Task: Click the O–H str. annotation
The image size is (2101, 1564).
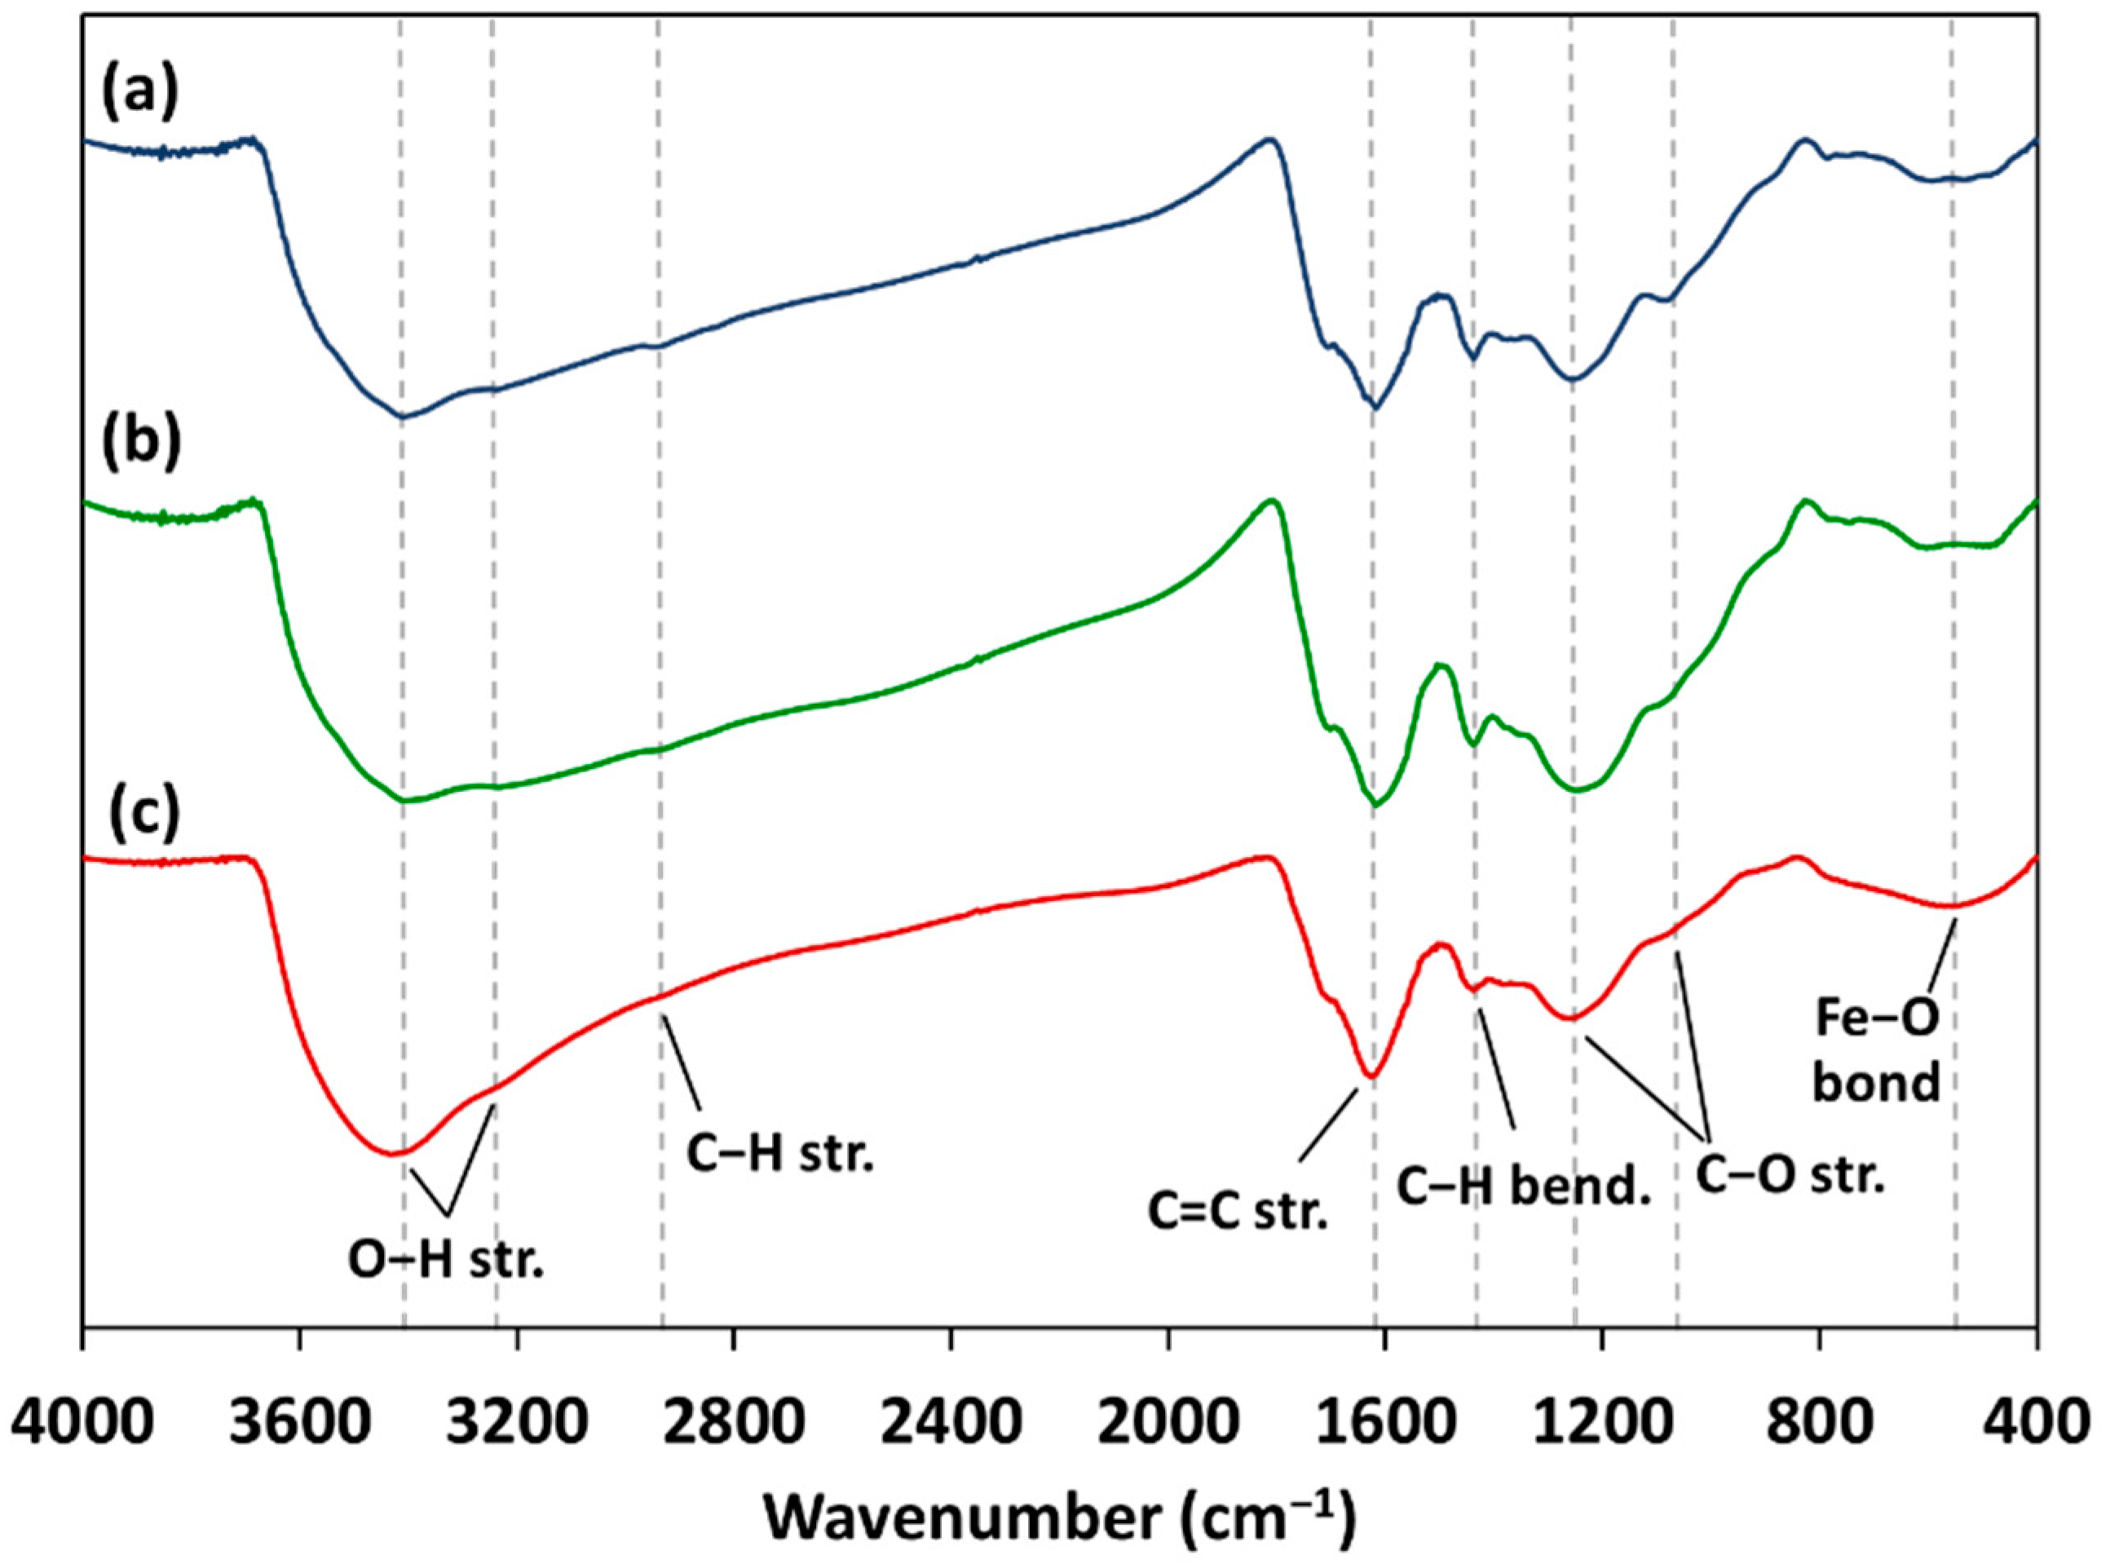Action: [447, 1262]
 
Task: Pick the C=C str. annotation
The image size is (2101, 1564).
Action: [1240, 1211]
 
